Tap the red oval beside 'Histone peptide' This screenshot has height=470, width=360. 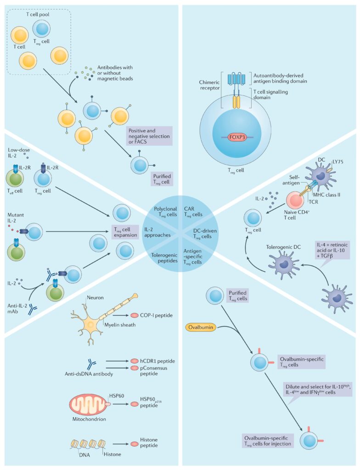pos(136,444)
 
